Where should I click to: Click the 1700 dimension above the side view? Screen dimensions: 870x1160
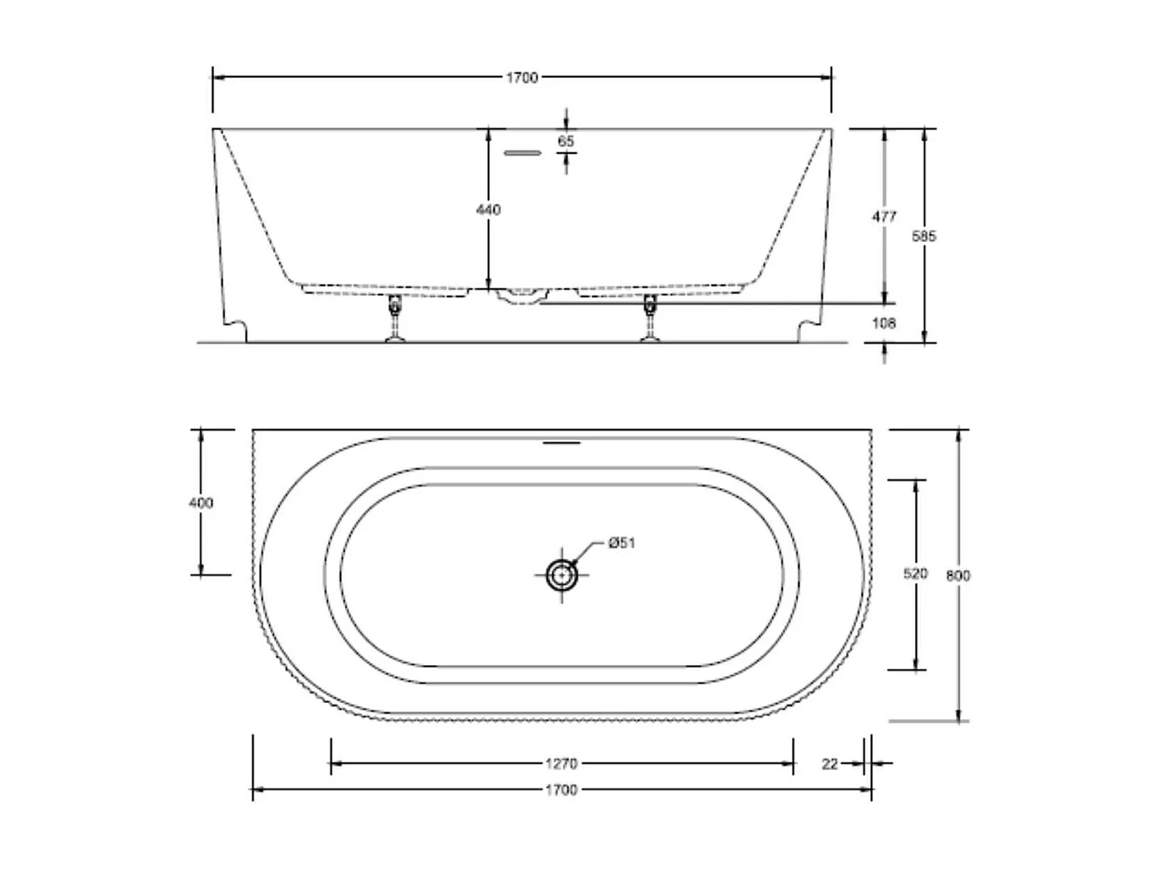point(522,77)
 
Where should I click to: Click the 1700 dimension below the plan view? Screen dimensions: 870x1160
point(561,790)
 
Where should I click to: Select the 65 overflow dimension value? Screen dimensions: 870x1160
point(566,142)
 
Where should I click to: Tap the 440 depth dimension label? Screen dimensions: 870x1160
point(489,210)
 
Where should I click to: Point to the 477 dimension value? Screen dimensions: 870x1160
point(884,217)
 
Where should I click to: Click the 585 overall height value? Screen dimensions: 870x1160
point(923,236)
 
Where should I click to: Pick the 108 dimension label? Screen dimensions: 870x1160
point(884,323)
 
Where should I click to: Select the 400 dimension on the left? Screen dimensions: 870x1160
point(201,503)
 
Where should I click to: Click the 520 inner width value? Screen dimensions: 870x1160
point(916,574)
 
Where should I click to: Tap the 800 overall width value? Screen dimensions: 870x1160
point(958,575)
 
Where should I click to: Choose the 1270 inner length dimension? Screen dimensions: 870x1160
point(561,764)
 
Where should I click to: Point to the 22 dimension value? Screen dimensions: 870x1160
point(830,764)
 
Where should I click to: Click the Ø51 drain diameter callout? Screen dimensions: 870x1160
point(621,543)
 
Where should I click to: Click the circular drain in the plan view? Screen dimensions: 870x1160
point(561,575)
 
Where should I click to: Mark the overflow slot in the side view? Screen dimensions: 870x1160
point(523,153)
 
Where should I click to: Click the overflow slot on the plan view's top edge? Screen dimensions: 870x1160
point(561,443)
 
